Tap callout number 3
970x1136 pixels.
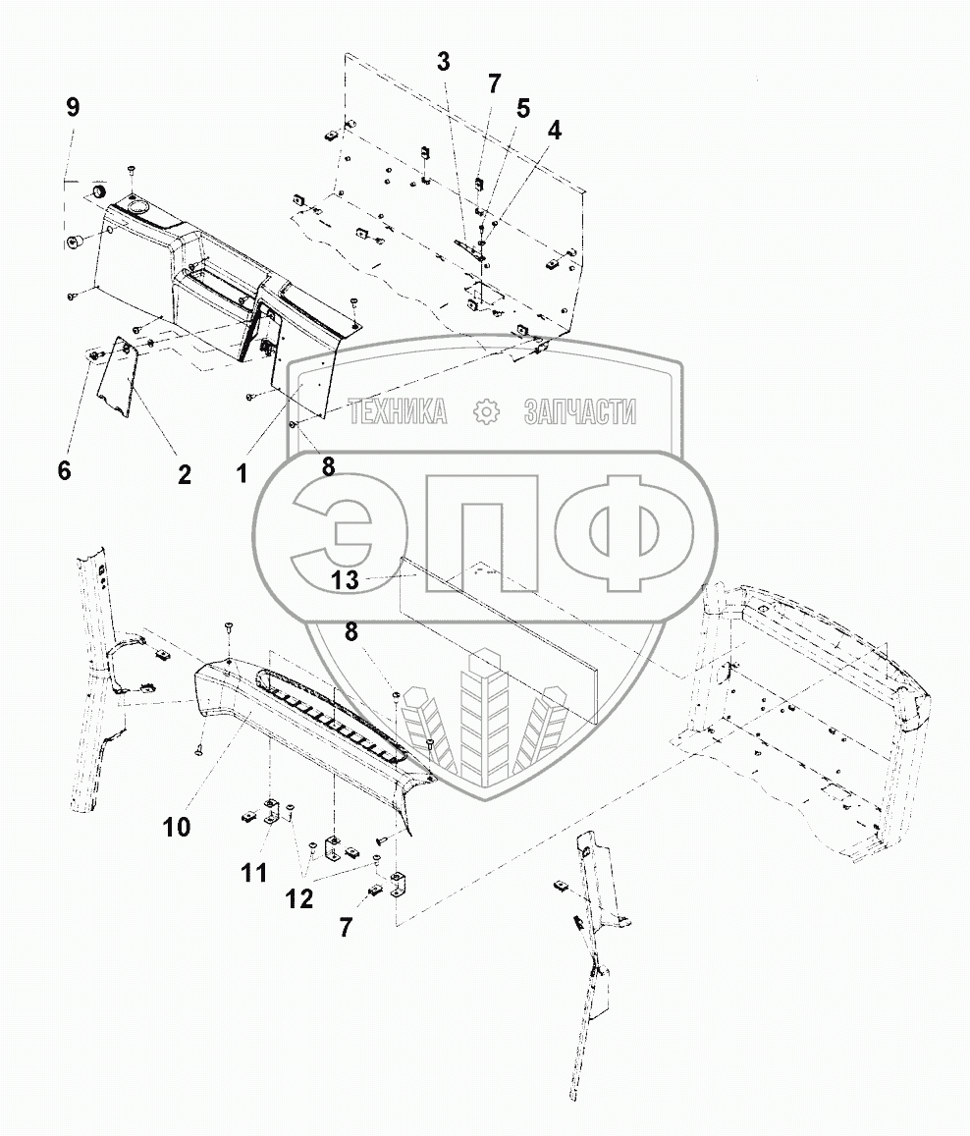(x=443, y=62)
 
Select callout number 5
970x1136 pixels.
(x=523, y=107)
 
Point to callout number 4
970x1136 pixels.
(x=555, y=131)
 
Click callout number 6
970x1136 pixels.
(x=64, y=470)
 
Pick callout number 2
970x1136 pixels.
(x=184, y=474)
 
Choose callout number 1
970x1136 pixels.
(x=242, y=474)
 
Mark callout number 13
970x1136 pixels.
(x=345, y=580)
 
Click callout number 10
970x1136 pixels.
(x=177, y=827)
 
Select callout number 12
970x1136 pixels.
(x=299, y=897)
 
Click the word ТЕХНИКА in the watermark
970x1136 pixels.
(x=398, y=413)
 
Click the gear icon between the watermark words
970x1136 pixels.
(x=486, y=413)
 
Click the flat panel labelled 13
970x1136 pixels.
(x=511, y=628)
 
